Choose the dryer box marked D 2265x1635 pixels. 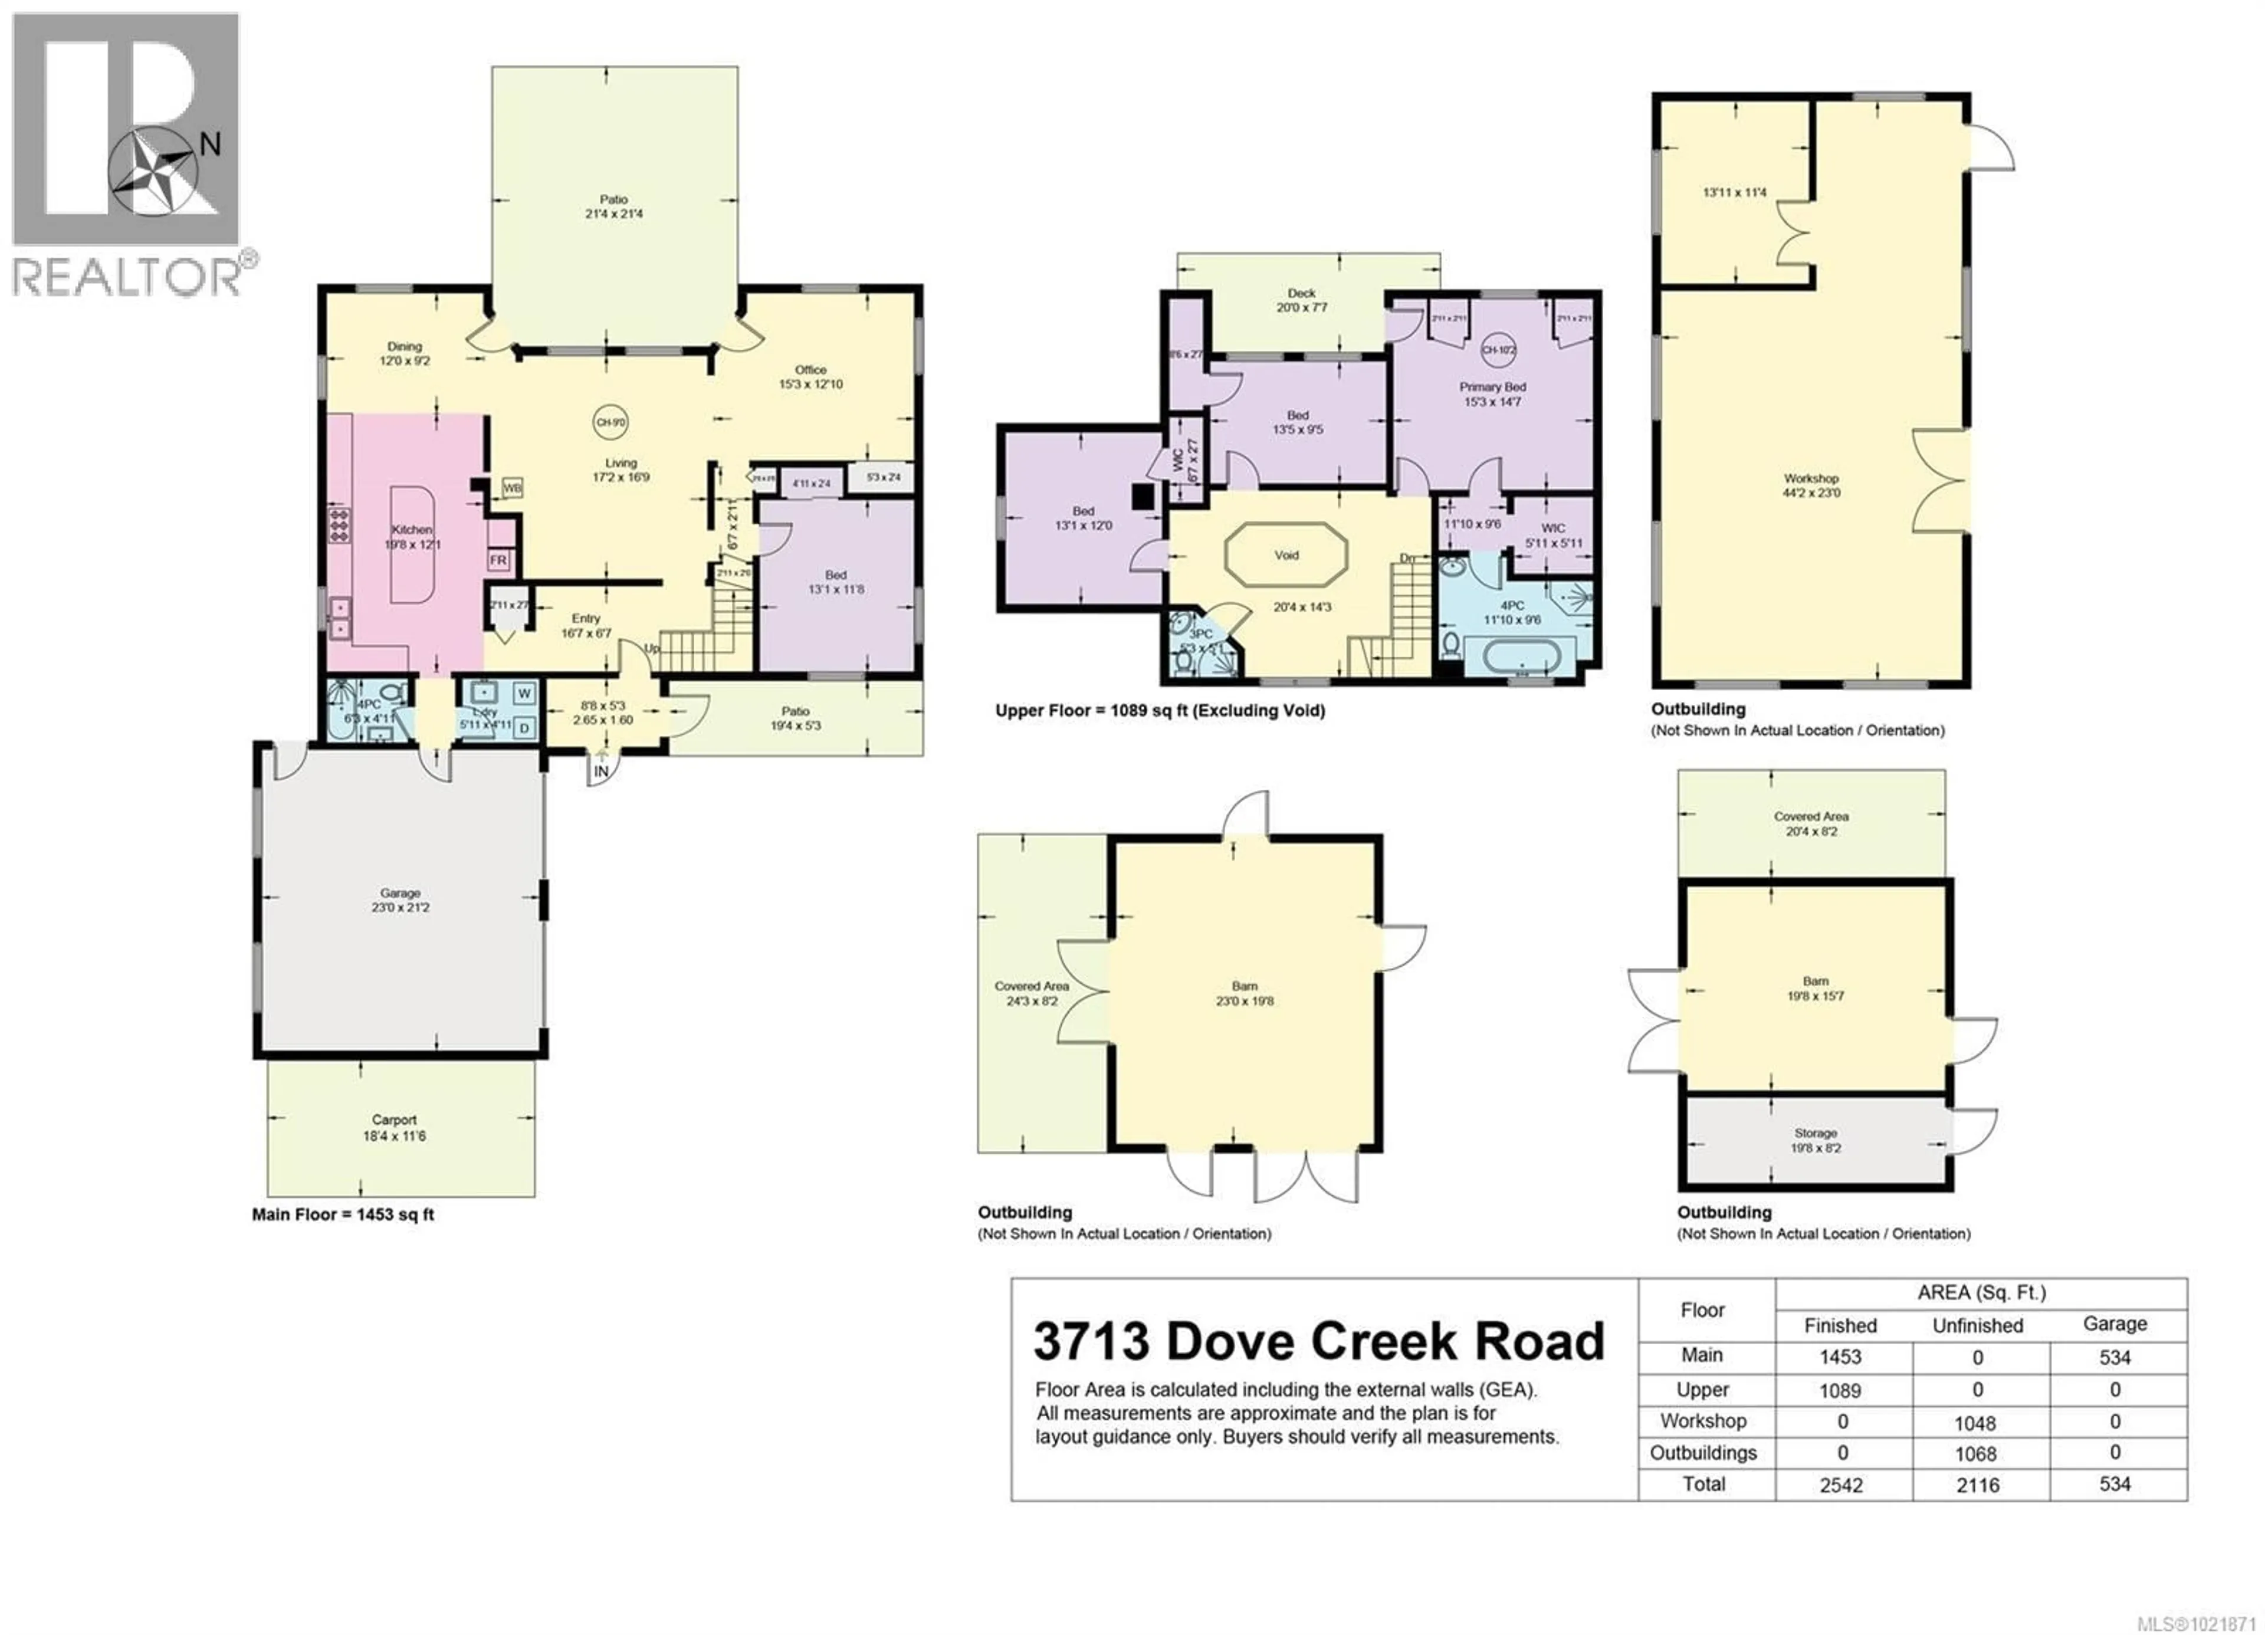click(524, 728)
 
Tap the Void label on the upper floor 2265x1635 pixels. click(1286, 555)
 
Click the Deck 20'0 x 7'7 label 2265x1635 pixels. click(1301, 300)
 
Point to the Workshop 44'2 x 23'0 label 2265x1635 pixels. click(1811, 485)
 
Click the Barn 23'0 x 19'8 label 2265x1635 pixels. click(1245, 993)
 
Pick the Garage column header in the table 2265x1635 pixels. click(2114, 1324)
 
